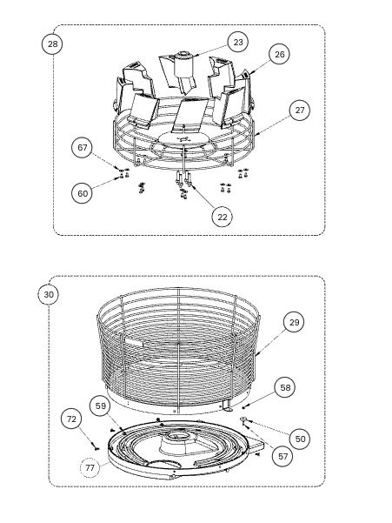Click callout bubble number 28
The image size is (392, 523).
pyautogui.click(x=52, y=44)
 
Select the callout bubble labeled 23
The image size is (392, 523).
pyautogui.click(x=238, y=43)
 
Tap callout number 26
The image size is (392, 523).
pyautogui.click(x=279, y=54)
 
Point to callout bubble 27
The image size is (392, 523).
pyautogui.click(x=300, y=110)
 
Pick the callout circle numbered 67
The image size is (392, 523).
pyautogui.click(x=82, y=147)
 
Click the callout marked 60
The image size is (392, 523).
pyautogui.click(x=82, y=193)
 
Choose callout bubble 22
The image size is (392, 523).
pyautogui.click(x=223, y=218)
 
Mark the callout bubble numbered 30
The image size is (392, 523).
pyautogui.click(x=49, y=295)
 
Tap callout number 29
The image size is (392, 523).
pyautogui.click(x=294, y=322)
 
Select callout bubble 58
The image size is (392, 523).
pyautogui.click(x=285, y=387)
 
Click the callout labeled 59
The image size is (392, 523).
pyautogui.click(x=100, y=406)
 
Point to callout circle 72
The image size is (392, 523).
pyautogui.click(x=71, y=419)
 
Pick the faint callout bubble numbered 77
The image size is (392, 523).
pyautogui.click(x=90, y=467)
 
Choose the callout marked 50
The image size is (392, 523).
pyautogui.click(x=300, y=439)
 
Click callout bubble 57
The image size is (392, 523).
pyautogui.click(x=282, y=456)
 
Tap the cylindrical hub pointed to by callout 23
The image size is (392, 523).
pyautogui.click(x=183, y=64)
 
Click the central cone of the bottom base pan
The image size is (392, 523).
pyautogui.click(x=179, y=443)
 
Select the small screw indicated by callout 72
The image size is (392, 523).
pyautogui.click(x=96, y=449)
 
